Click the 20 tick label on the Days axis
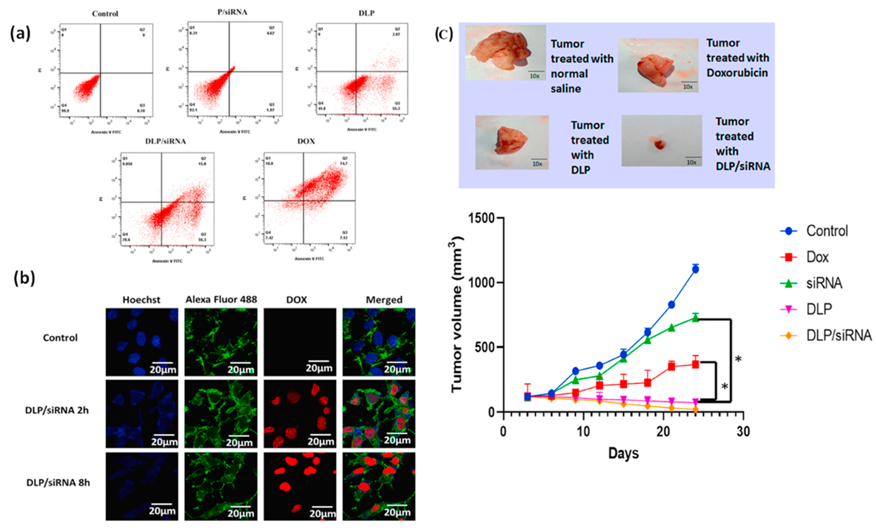tap(663, 432)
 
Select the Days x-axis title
tap(623, 453)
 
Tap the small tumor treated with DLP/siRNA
tap(659, 144)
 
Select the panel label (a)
tap(20, 34)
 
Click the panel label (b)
tap(24, 278)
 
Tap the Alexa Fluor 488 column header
tap(221, 300)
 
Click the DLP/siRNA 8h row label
tap(58, 483)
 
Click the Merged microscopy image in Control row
tap(379, 342)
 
